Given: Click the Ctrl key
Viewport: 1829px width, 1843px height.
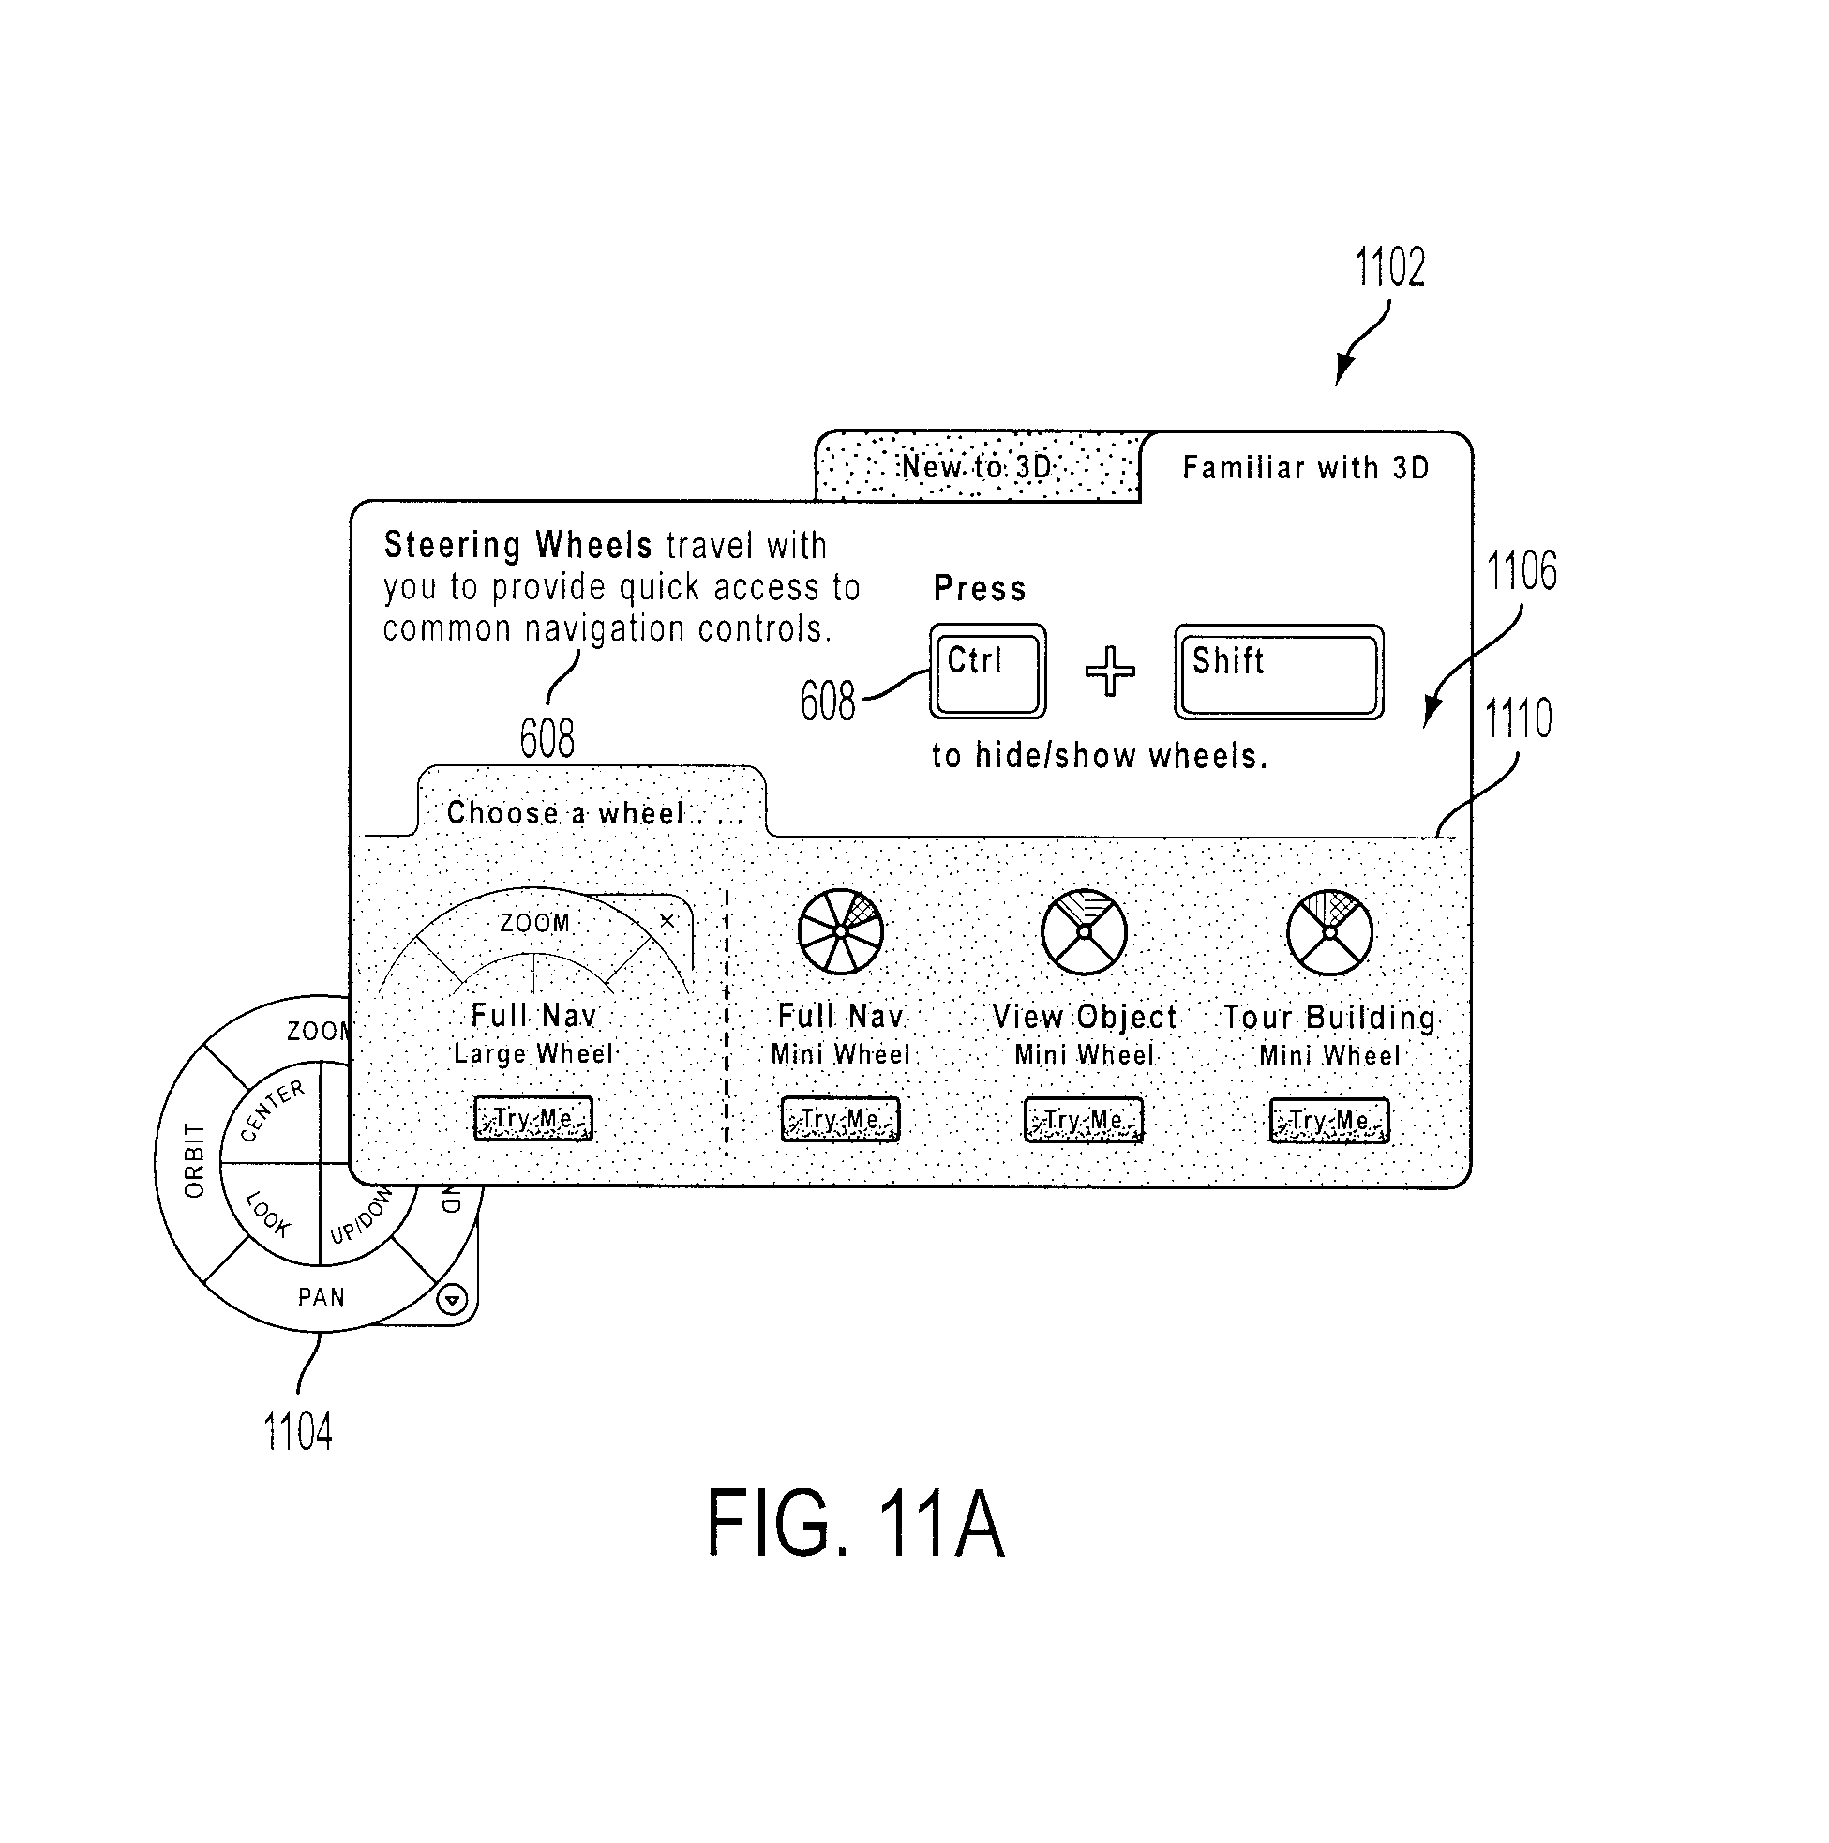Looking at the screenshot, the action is (987, 672).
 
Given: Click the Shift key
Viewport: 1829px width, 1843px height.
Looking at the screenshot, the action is (1278, 672).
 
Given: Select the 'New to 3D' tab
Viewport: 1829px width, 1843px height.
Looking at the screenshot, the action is (978, 466).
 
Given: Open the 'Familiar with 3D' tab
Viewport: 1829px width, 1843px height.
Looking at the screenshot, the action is (1306, 467).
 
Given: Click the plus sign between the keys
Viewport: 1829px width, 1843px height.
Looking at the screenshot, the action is (1110, 671).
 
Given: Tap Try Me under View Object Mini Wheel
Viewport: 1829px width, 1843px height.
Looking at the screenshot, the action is (1084, 1120).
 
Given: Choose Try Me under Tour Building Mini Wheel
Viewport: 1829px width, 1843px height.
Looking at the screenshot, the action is (1328, 1121).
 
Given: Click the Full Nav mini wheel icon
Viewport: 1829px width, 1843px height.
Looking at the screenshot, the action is (840, 932).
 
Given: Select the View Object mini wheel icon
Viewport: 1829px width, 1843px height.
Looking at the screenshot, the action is (1085, 933).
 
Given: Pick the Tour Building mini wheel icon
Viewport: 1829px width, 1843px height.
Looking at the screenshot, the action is (1329, 933).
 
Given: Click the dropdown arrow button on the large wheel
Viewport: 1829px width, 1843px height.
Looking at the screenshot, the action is (453, 1299).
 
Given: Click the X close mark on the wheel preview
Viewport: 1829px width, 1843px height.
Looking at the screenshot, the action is (667, 920).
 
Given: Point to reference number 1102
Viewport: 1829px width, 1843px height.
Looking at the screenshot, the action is (1389, 267).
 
